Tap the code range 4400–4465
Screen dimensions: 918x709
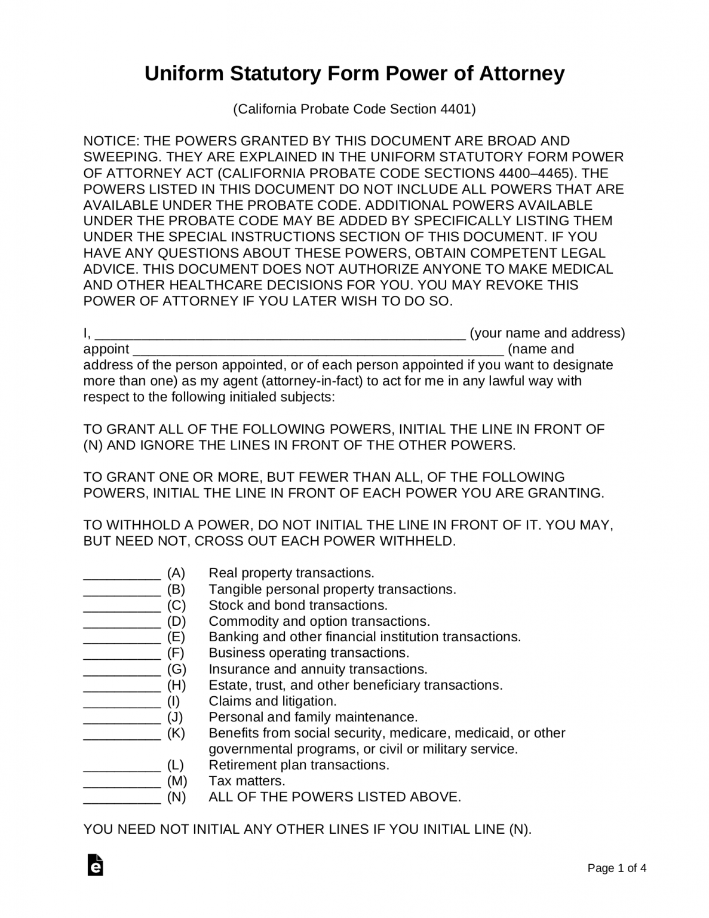(x=533, y=173)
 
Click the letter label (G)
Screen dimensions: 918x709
(x=177, y=669)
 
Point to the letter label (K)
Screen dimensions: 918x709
(x=176, y=733)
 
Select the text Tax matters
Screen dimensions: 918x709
(x=247, y=781)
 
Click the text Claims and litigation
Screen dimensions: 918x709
(x=272, y=701)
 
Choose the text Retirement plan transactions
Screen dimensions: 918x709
(x=299, y=765)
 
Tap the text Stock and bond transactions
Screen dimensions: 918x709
(x=298, y=605)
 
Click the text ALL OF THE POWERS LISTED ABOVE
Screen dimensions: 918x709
(x=334, y=797)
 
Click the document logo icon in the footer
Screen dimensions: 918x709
(x=95, y=865)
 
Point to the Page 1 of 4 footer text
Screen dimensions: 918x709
(x=617, y=868)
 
